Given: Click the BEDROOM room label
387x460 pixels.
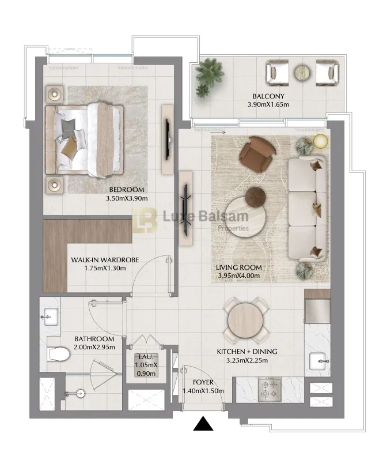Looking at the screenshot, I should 127,190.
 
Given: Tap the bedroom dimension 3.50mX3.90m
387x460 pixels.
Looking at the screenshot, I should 127,198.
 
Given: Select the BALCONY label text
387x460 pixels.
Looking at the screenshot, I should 268,96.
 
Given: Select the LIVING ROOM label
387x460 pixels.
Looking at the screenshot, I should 238,267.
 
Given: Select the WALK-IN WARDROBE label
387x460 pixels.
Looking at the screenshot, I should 104,260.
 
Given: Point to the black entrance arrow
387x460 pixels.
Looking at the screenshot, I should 203,424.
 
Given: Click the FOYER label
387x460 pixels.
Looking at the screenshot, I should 203,382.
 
